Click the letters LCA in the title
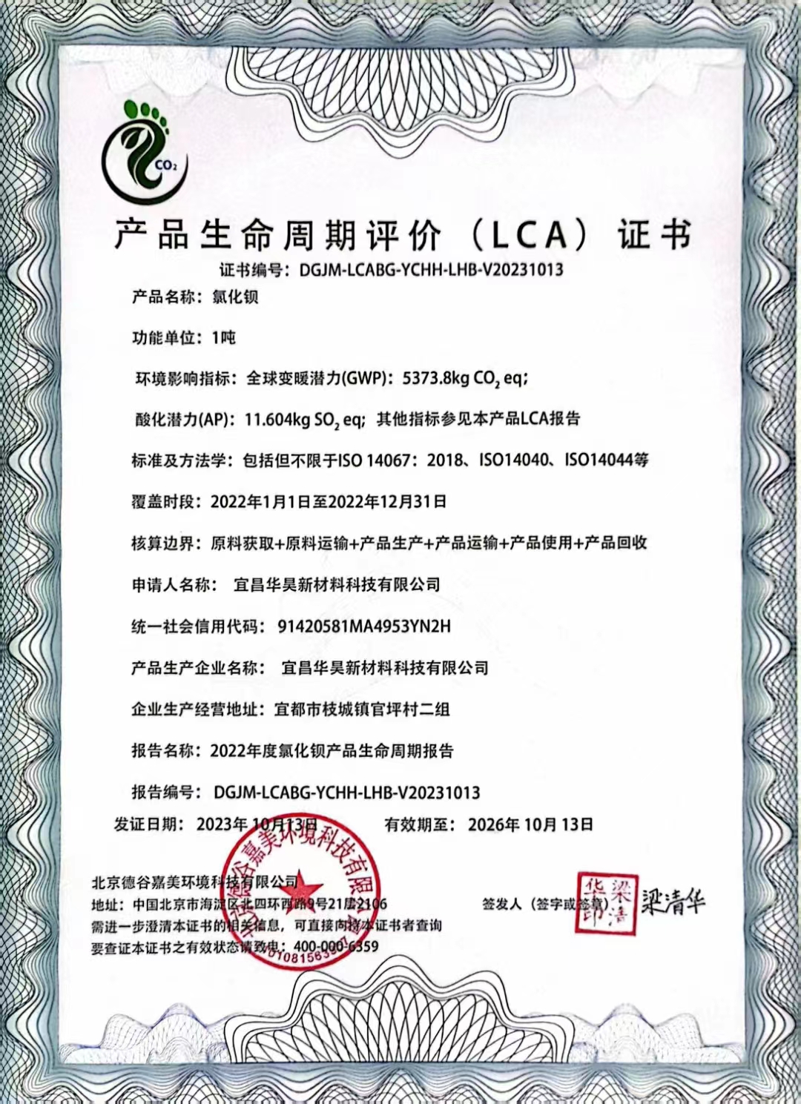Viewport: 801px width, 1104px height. [528, 236]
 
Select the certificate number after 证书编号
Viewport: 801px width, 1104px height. [431, 269]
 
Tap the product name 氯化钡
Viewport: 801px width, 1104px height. [235, 297]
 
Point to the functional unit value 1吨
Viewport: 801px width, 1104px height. [223, 338]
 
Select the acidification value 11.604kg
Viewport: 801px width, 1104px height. [277, 420]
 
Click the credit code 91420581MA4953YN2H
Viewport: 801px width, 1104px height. [363, 627]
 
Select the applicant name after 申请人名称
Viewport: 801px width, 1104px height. [337, 585]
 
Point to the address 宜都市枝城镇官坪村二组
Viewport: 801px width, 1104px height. [362, 710]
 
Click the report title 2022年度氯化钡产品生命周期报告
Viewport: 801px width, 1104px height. [332, 751]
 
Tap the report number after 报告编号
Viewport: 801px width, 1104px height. [346, 793]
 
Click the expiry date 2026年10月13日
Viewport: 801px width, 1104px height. [530, 824]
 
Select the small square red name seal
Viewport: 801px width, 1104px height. [607, 904]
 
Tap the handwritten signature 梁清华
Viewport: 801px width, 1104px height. [673, 902]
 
